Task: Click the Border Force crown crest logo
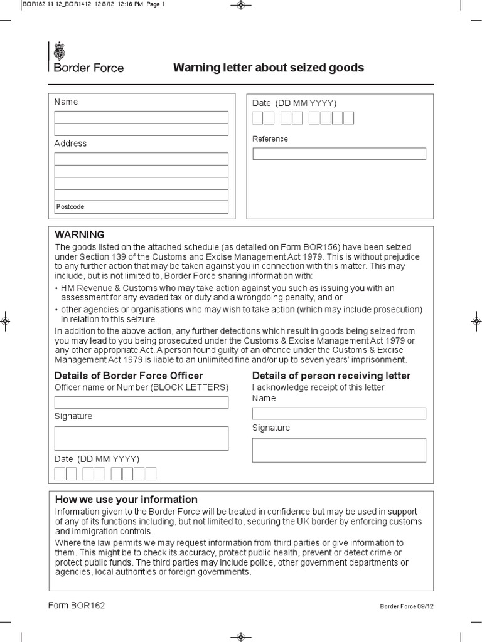(x=60, y=50)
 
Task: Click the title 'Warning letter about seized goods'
(x=268, y=68)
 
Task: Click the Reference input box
(x=339, y=154)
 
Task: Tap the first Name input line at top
(x=141, y=117)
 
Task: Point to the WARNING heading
(x=79, y=234)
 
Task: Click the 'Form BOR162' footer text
(x=77, y=606)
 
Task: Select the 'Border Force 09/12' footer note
(x=406, y=607)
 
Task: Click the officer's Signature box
(x=141, y=438)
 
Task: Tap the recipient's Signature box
(x=339, y=450)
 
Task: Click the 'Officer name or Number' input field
(x=141, y=403)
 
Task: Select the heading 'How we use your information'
(x=126, y=500)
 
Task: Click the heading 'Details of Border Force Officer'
(x=129, y=376)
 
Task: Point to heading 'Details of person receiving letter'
(x=331, y=376)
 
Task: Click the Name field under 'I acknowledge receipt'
(x=339, y=413)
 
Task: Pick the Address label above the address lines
(x=70, y=144)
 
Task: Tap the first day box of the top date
(x=258, y=118)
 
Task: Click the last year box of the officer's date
(x=150, y=474)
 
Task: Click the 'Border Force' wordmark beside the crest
(x=89, y=68)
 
